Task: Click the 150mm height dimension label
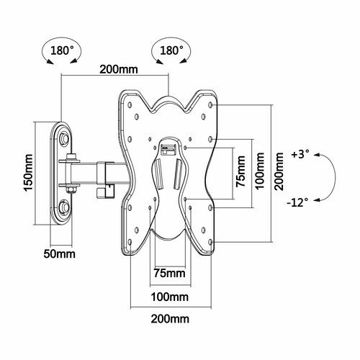(x=28, y=172)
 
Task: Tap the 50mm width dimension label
(x=59, y=254)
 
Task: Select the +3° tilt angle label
(x=300, y=154)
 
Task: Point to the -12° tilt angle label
(x=297, y=203)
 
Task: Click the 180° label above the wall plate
(x=62, y=50)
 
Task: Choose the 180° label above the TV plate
(x=171, y=50)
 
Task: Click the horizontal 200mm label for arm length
(x=119, y=70)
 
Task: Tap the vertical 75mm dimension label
(x=240, y=171)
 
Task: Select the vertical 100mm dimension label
(x=260, y=171)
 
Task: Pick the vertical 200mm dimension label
(x=279, y=171)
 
